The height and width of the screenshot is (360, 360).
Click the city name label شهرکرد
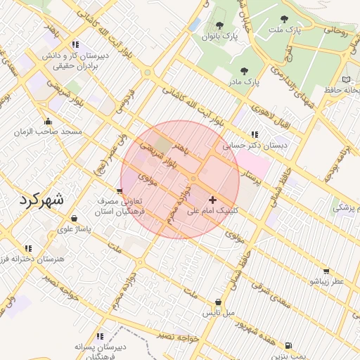[41, 199]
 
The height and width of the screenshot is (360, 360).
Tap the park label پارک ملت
[284, 31]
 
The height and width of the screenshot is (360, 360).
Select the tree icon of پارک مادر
[244, 71]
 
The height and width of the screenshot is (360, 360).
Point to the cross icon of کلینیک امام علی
[212, 200]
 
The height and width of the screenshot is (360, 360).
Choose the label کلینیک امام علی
[213, 210]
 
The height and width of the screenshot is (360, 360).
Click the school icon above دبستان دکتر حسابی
[254, 134]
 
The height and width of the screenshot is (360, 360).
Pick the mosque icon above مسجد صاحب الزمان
[48, 121]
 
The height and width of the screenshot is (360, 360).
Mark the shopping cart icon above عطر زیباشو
[326, 271]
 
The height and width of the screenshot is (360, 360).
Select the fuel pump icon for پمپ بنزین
[288, 345]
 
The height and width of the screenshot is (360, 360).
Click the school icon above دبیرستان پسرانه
[100, 336]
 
